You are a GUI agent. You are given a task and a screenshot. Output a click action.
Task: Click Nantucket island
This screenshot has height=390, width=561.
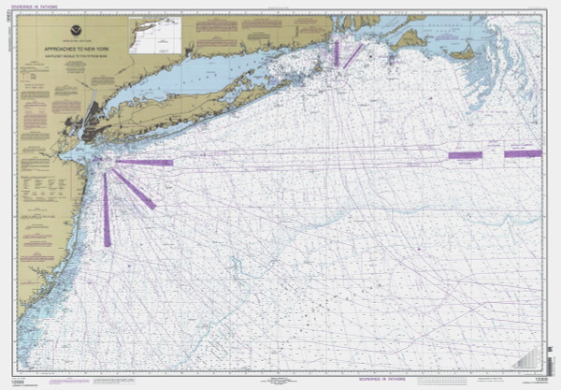(x=462, y=53)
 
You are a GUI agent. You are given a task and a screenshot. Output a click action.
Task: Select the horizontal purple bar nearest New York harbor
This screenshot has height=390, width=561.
(x=146, y=162)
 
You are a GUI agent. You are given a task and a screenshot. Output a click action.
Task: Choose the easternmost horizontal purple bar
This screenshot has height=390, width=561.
(x=523, y=153)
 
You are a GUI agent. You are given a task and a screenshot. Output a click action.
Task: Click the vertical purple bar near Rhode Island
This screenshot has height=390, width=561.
(x=336, y=52)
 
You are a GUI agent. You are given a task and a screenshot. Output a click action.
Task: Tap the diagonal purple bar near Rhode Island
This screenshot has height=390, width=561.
(x=352, y=56)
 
